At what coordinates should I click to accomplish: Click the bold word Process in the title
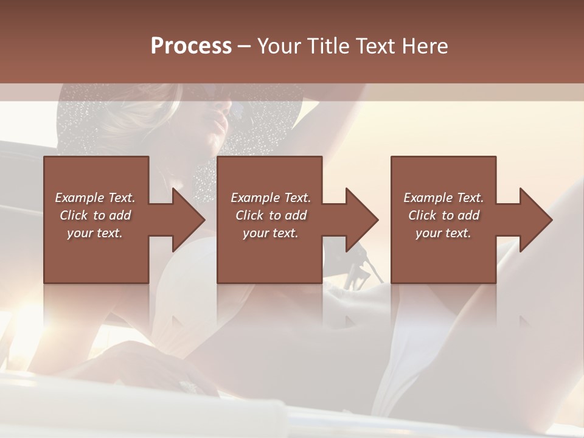coord(191,46)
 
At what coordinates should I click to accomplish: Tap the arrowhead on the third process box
coord(535,220)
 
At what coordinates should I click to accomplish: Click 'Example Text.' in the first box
coord(95,198)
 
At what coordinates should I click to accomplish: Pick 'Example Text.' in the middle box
coord(271,198)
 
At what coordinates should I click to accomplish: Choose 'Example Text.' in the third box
coord(443,198)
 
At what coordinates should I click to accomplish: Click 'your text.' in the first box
coord(95,233)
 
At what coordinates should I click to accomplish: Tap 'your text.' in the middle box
coord(271,233)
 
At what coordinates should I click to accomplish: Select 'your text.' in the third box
coord(443,233)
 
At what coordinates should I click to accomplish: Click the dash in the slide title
coord(245,47)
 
